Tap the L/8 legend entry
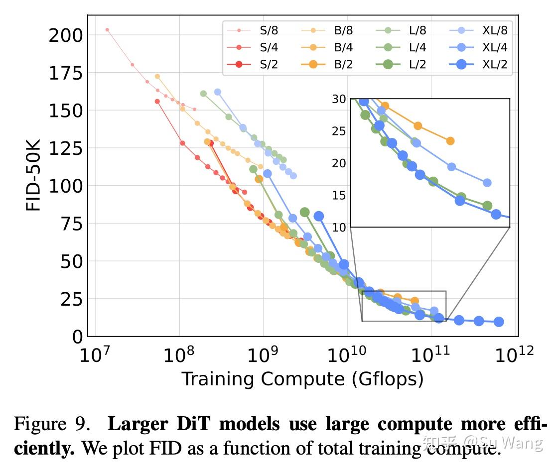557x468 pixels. (x=408, y=30)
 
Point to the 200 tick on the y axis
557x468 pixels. (x=65, y=36)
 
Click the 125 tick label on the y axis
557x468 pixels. (x=65, y=148)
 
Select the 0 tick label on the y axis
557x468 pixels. (x=77, y=337)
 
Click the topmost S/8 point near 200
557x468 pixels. (x=107, y=30)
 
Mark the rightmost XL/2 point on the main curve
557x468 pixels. (x=498, y=322)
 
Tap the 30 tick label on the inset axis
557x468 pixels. (x=338, y=99)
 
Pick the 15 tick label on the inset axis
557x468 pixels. (x=338, y=195)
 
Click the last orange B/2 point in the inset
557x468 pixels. (x=450, y=141)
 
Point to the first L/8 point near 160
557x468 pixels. (x=203, y=94)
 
